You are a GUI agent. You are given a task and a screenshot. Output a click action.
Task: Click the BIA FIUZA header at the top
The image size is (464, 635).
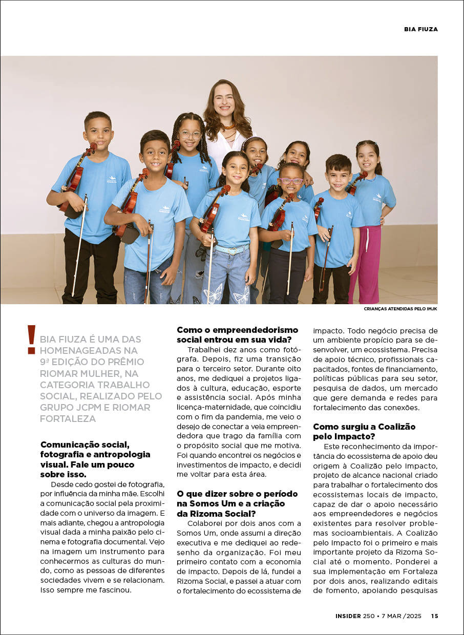coord(420,29)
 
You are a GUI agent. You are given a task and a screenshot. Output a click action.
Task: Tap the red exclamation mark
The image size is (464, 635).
coord(32,339)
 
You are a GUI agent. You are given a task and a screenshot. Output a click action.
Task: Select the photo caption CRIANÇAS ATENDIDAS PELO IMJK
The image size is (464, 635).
coord(400,309)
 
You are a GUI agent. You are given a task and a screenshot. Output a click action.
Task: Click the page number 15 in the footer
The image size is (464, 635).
coord(434,616)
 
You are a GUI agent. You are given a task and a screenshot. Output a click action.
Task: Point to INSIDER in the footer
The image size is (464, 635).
coord(348,616)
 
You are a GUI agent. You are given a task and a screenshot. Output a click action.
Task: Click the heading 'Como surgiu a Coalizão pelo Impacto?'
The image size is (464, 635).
coord(364,431)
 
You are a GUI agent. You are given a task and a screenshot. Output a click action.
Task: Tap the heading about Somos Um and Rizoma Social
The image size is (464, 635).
coord(237,503)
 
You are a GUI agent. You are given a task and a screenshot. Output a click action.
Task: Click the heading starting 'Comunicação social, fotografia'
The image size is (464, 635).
coord(95,459)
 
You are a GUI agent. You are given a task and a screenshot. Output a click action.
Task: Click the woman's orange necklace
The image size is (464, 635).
coord(228,126)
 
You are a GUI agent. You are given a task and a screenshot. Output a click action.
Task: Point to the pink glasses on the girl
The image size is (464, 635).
coord(291,181)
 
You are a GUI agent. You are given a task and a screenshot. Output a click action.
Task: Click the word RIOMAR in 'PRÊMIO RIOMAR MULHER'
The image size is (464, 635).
coord(56,373)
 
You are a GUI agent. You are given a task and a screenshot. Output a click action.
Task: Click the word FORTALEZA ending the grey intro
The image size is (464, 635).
coord(68,418)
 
